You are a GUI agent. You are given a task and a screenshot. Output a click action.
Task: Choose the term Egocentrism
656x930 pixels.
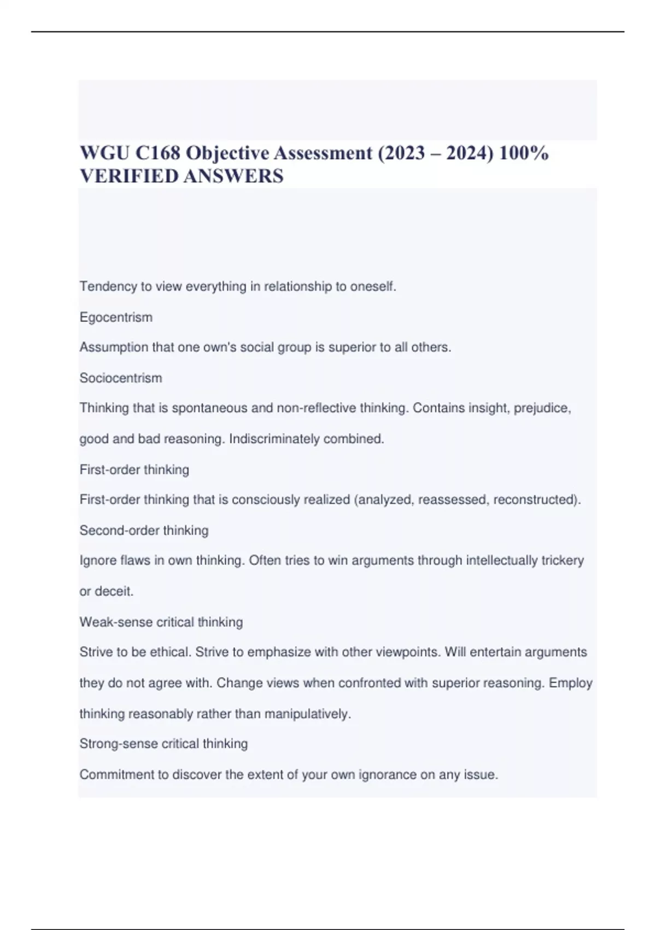[x=116, y=317]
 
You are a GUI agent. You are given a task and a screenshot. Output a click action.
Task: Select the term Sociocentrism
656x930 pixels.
[x=121, y=378]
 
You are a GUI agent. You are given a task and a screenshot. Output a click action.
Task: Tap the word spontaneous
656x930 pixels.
[x=210, y=408]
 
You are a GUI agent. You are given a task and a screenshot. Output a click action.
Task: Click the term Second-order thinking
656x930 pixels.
[x=144, y=530]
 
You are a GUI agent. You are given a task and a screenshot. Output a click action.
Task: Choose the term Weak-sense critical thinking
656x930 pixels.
[x=161, y=622]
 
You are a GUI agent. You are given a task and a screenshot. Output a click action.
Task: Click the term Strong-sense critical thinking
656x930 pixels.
[x=163, y=743]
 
